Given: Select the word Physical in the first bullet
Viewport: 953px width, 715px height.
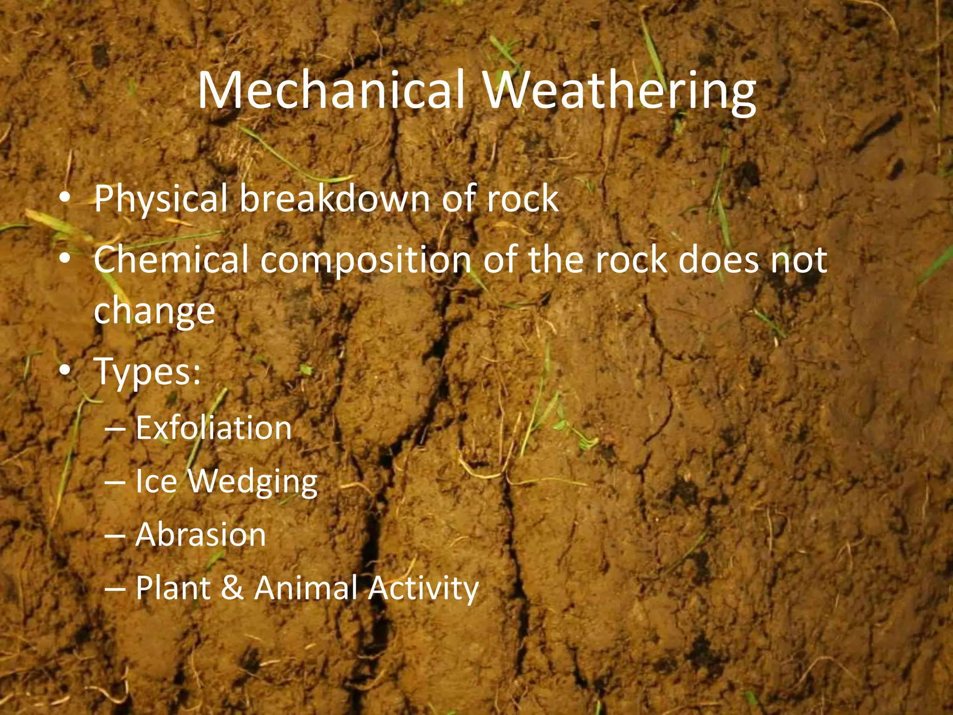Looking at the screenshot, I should [161, 199].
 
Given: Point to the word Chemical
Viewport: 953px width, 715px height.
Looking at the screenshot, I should [171, 260].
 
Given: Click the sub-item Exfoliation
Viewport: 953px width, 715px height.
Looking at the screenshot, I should [214, 428].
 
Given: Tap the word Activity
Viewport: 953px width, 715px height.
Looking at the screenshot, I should [423, 588].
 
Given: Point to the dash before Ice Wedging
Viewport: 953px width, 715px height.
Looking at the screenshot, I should [115, 482].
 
